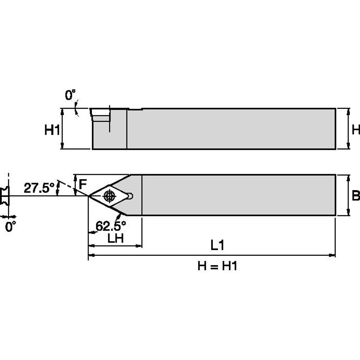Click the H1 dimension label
[52, 131]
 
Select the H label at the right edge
[356, 130]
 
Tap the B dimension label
[356, 196]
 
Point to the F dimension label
[83, 184]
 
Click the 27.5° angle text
[39, 188]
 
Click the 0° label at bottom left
[11, 227]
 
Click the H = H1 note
[217, 266]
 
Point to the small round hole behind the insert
[130, 196]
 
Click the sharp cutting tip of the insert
[89, 196]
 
